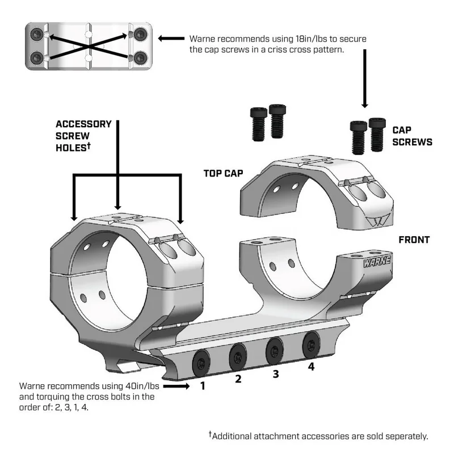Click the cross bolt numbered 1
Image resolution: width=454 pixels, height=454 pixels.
pyautogui.click(x=202, y=361)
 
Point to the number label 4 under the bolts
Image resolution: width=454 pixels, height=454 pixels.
pyautogui.click(x=311, y=367)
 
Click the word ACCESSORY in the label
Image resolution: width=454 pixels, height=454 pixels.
pyautogui.click(x=84, y=124)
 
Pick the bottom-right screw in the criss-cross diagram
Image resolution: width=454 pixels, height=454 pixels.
pyautogui.click(x=139, y=57)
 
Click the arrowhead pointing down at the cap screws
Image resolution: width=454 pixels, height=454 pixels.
pyautogui.click(x=364, y=106)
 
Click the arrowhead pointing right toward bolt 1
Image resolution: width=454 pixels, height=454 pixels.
pyautogui.click(x=185, y=386)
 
